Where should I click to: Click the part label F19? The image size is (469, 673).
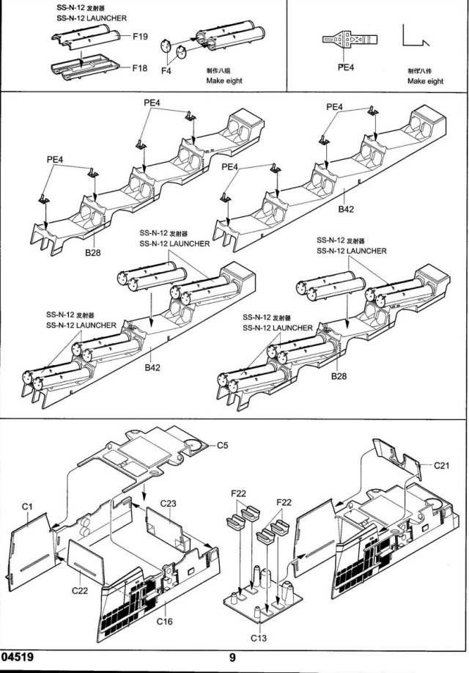[x=141, y=36]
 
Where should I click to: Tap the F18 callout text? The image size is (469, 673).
[x=141, y=67]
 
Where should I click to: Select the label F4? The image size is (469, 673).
[x=166, y=71]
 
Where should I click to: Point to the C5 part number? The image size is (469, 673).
[x=223, y=444]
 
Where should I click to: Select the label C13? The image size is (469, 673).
[x=258, y=637]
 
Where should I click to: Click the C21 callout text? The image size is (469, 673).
[x=441, y=465]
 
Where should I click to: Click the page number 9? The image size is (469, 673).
[x=232, y=658]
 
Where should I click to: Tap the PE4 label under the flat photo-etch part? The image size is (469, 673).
[x=345, y=67]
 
